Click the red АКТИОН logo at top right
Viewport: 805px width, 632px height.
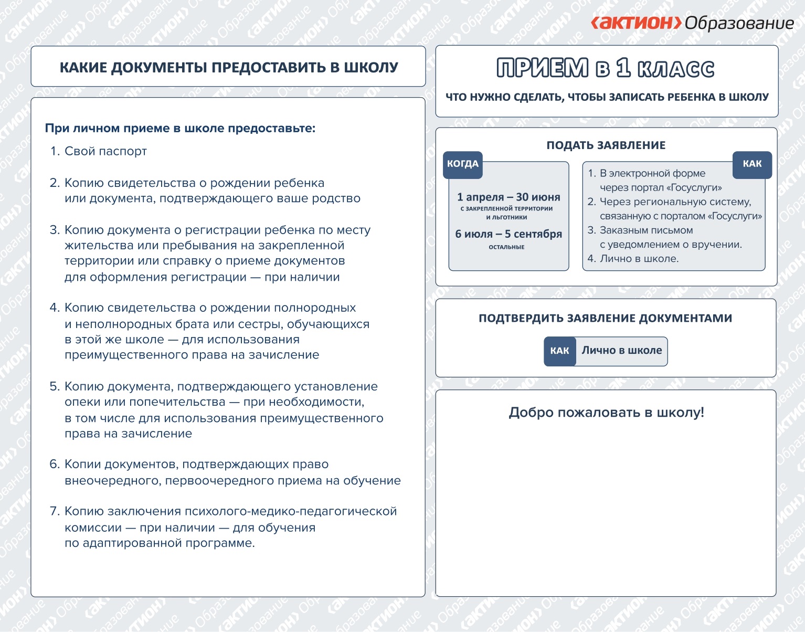pos(636,23)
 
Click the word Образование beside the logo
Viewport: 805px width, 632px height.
pos(739,23)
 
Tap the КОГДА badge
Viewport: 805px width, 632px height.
pos(463,164)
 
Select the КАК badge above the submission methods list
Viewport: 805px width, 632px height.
pos(752,164)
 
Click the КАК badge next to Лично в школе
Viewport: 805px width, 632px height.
pos(559,351)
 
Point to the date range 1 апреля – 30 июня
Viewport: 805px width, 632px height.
pos(509,197)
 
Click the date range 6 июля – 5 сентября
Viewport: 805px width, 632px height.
pos(509,234)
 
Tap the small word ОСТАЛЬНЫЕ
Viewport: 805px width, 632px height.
pos(506,247)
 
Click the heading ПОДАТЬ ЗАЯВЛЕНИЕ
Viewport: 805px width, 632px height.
pos(606,145)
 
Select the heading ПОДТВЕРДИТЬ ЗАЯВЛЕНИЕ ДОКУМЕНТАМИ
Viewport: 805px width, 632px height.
pos(605,318)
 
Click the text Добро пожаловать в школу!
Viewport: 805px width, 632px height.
pos(606,413)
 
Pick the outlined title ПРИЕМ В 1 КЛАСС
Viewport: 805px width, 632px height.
pos(606,69)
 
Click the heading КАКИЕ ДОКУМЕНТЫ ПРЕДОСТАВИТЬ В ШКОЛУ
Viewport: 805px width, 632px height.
pos(229,67)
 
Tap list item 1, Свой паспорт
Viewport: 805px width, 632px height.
pos(105,151)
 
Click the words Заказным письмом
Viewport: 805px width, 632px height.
pos(646,230)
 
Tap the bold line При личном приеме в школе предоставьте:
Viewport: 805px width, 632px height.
pos(180,128)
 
